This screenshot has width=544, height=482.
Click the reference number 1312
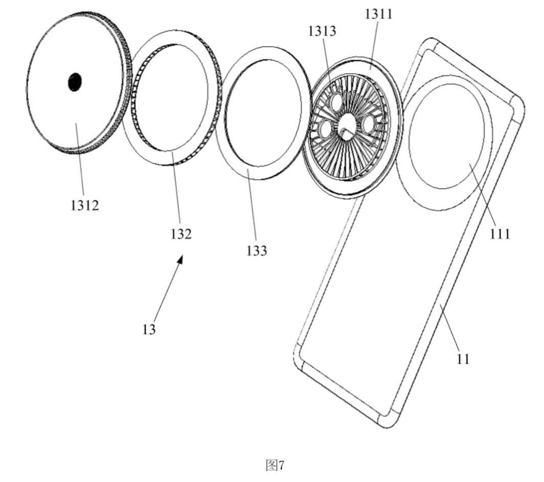(x=85, y=206)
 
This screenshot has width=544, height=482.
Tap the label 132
(x=181, y=234)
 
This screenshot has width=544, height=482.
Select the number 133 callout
(x=257, y=250)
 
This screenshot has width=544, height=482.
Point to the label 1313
(x=322, y=31)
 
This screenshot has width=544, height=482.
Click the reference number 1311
(x=379, y=14)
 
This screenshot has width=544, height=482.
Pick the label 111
(x=500, y=234)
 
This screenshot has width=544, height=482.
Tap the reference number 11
(x=463, y=358)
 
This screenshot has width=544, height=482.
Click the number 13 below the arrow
(x=149, y=329)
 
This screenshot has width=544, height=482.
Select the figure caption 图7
(x=275, y=465)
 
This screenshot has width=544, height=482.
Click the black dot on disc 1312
(x=75, y=82)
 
